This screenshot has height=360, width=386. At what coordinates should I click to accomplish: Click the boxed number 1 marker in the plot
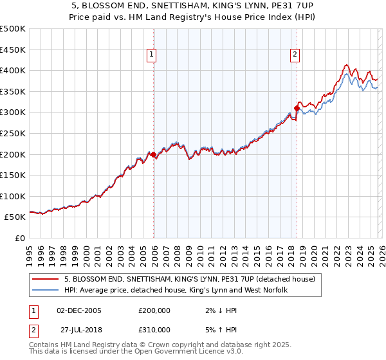152,55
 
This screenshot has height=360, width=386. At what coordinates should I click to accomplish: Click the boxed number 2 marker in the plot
295,55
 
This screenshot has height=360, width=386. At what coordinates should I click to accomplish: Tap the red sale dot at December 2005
153,154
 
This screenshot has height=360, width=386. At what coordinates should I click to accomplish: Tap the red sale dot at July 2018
297,108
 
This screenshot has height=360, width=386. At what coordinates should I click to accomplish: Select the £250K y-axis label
13,133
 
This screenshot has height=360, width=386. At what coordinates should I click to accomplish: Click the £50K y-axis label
15,217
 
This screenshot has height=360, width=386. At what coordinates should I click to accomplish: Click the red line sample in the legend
46,280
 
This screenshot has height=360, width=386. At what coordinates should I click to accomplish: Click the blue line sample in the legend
46,291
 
